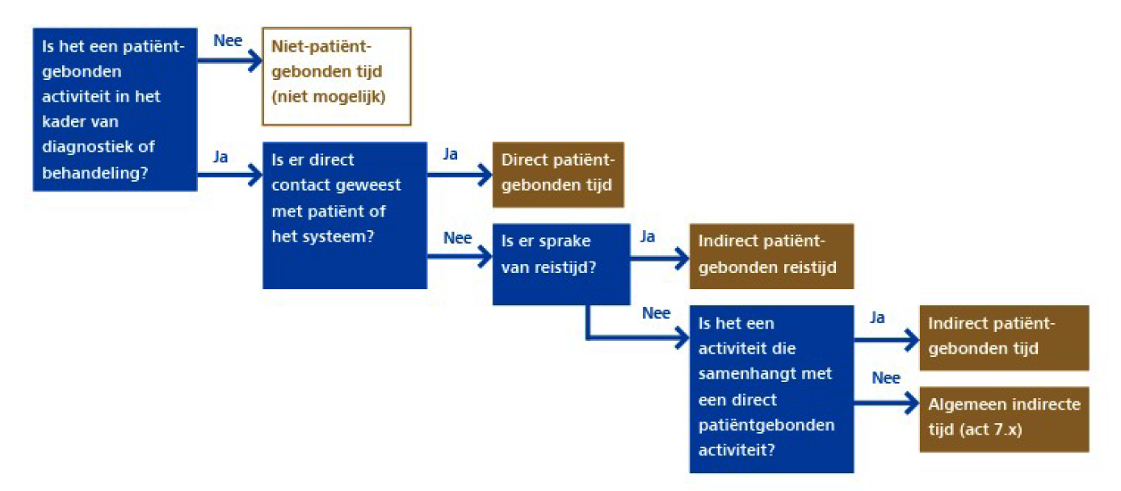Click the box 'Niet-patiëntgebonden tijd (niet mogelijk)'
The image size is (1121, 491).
click(337, 77)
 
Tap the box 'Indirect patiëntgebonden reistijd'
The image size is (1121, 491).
click(771, 255)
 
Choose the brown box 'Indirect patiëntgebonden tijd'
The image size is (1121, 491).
click(1004, 338)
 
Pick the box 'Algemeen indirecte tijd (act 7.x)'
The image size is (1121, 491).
click(1004, 418)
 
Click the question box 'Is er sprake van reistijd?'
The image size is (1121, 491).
click(560, 264)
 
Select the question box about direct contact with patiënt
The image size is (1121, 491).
click(345, 215)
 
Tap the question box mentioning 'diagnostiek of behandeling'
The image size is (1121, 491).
click(115, 109)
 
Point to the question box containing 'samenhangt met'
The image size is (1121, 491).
click(771, 388)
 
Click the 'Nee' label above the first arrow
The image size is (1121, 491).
click(228, 41)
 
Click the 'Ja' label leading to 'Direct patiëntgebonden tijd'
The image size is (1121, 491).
click(451, 154)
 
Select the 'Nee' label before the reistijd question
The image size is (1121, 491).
click(458, 238)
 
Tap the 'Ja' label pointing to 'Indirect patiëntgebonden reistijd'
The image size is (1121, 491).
click(648, 237)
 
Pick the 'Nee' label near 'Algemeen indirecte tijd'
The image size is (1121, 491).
click(886, 377)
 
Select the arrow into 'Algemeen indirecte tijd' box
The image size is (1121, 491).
click(886, 399)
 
